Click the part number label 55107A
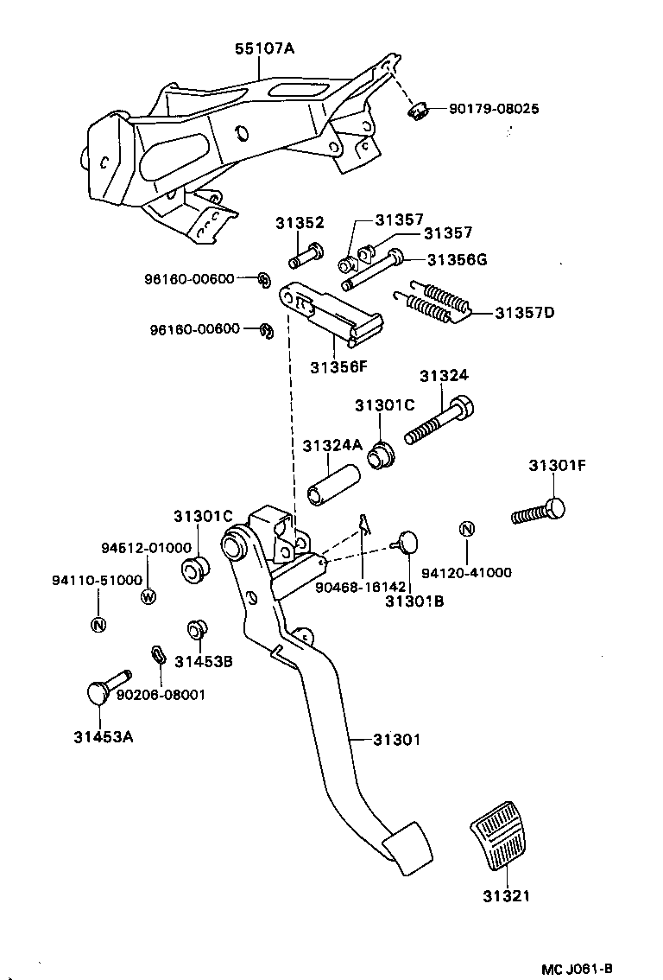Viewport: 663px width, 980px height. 264,49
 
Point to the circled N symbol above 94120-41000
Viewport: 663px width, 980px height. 466,530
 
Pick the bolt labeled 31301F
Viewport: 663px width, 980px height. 540,512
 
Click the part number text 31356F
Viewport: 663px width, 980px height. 338,366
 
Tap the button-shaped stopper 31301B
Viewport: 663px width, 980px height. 405,543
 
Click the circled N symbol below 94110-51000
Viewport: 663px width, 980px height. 98,625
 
